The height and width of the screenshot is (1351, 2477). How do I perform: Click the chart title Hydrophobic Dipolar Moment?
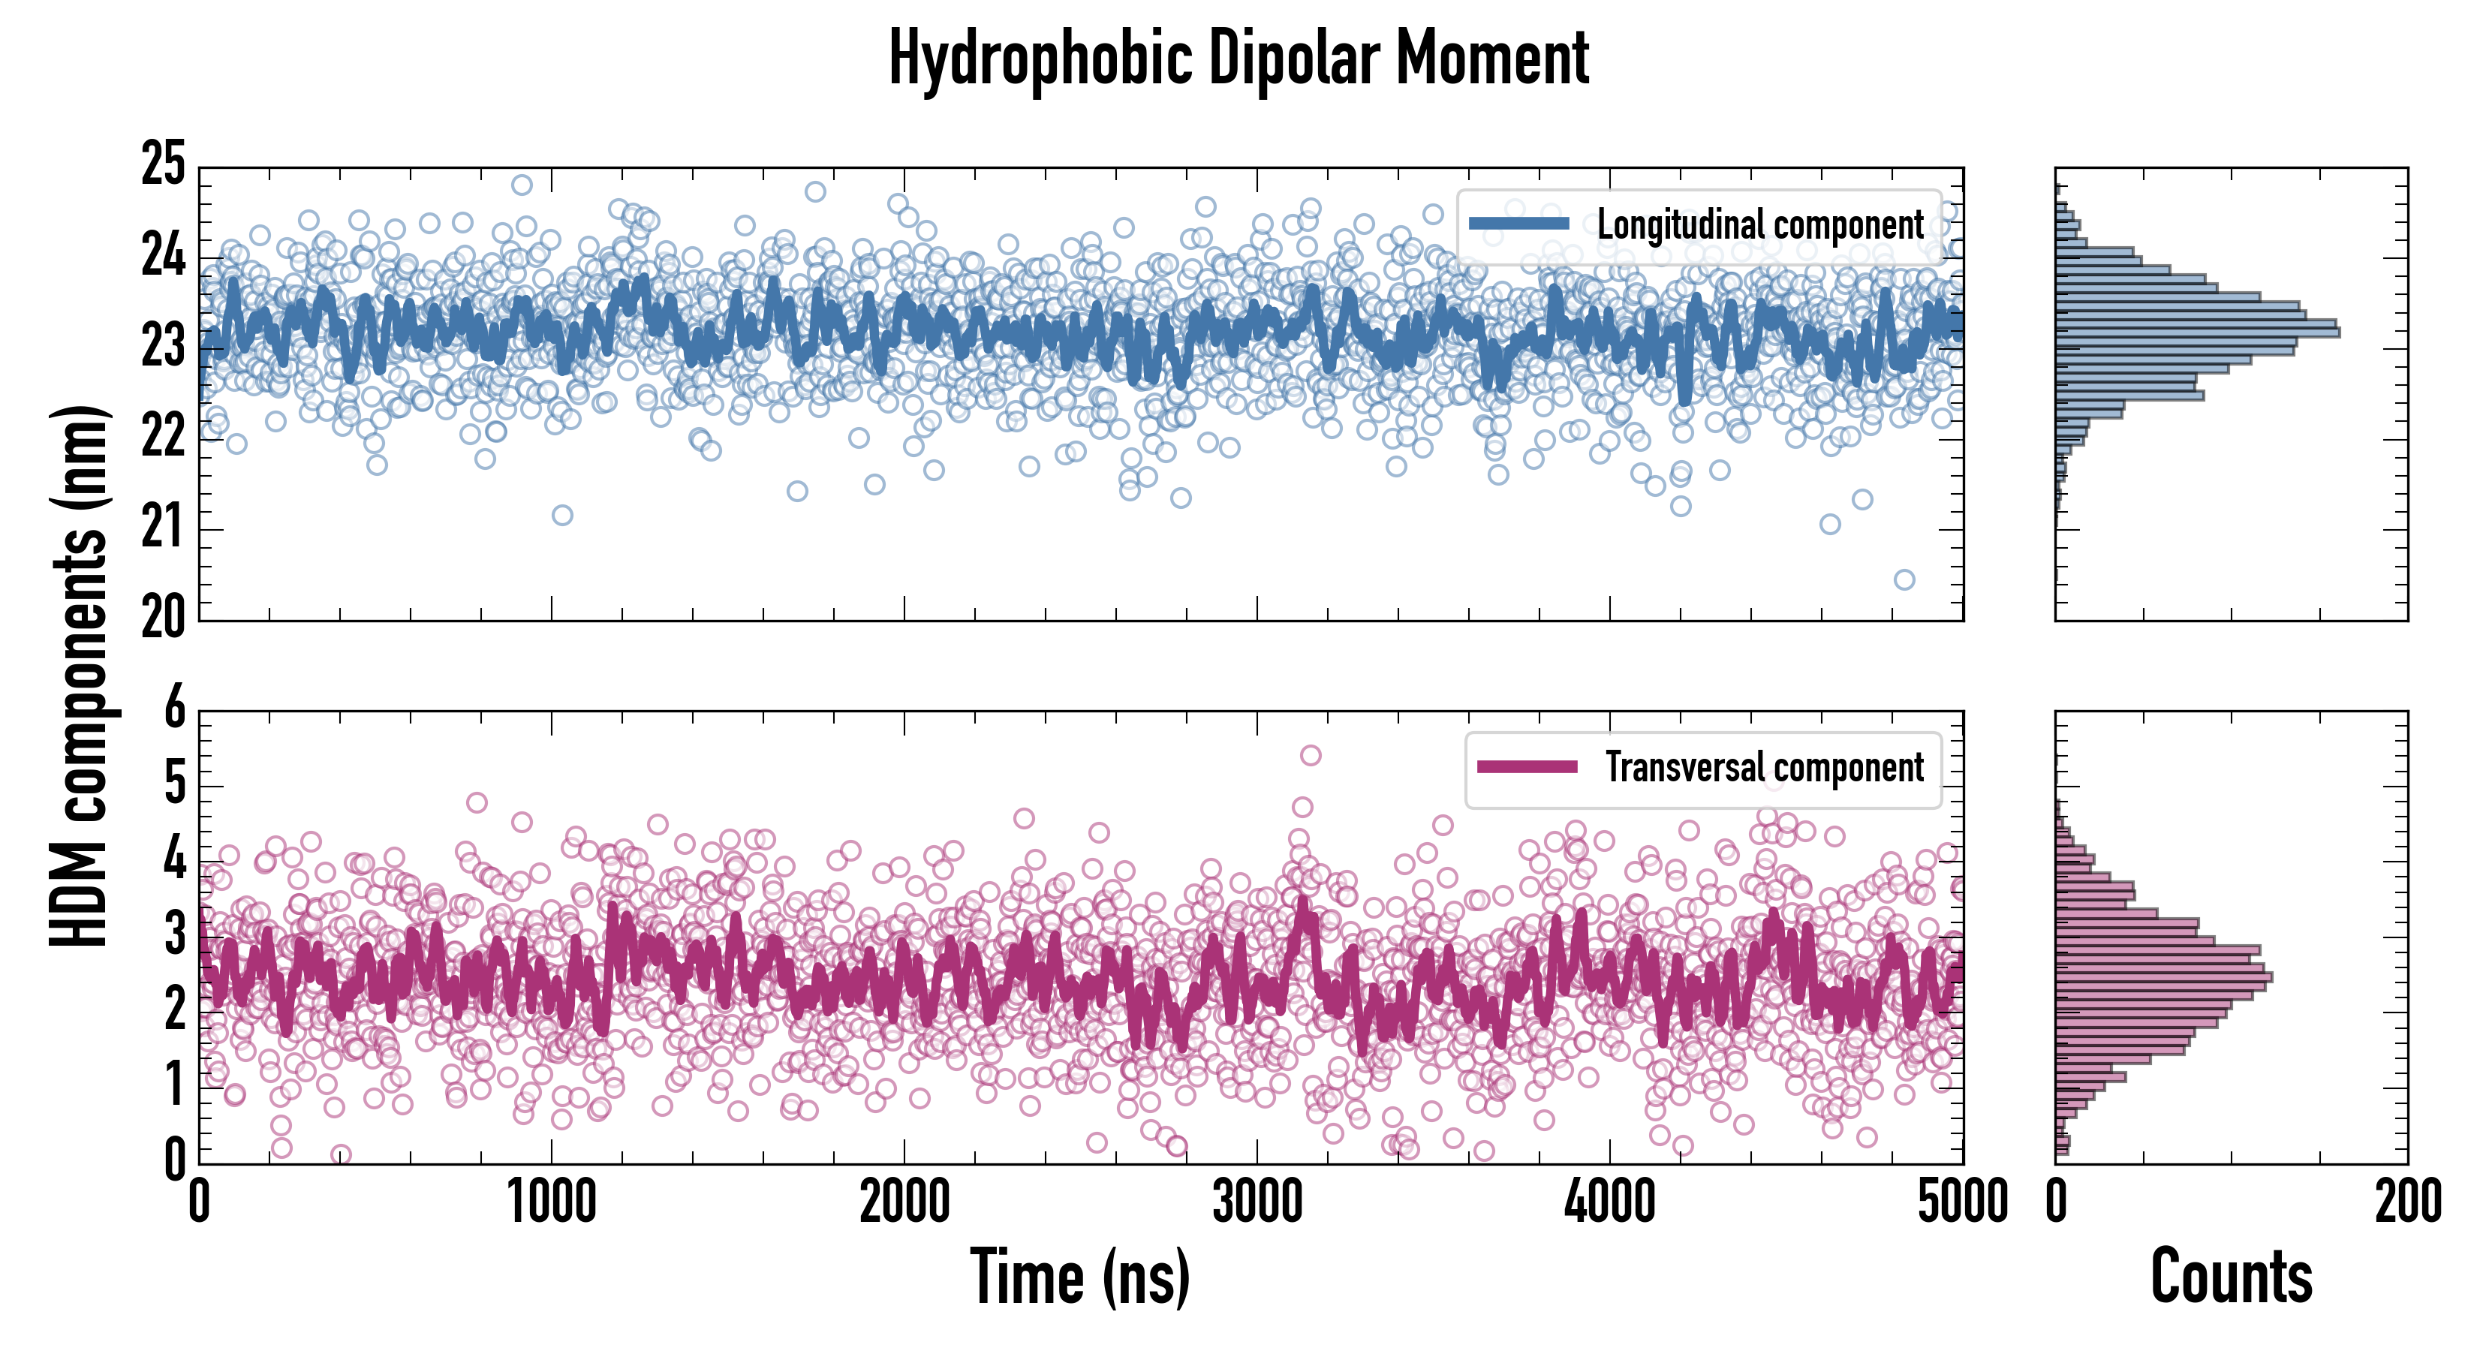(1238, 59)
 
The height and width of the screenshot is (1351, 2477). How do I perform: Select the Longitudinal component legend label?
(1759, 225)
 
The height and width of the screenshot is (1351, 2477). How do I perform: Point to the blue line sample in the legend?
(1519, 224)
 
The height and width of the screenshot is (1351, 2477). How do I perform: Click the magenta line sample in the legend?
(1527, 767)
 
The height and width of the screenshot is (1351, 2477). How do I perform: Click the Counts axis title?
(2231, 1277)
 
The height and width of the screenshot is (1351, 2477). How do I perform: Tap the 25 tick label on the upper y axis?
(164, 164)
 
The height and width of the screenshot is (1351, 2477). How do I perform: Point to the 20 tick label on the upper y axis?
(164, 617)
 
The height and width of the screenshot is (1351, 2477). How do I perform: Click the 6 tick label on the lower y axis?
(174, 709)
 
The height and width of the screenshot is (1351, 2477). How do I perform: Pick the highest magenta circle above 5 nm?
(1311, 756)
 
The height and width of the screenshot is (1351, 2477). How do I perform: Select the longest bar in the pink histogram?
(2163, 978)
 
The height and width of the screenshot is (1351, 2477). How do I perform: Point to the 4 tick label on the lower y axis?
(174, 859)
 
